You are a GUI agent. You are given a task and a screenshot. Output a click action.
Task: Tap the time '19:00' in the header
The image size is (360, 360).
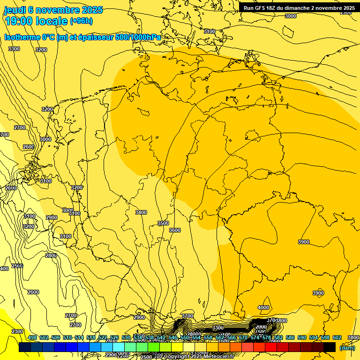click(19, 21)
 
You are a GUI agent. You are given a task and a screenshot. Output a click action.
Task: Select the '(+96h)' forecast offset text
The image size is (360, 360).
click(81, 21)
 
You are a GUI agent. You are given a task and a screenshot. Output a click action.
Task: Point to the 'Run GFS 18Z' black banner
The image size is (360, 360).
click(299, 7)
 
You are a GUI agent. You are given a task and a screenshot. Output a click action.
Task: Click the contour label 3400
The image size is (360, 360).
click(141, 212)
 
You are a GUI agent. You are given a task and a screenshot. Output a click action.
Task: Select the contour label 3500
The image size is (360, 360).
click(163, 223)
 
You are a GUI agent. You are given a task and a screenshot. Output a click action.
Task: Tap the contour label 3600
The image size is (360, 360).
click(174, 230)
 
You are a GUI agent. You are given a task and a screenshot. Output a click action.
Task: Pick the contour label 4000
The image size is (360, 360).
click(263, 307)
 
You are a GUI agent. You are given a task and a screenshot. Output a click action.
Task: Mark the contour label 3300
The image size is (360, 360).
click(14, 49)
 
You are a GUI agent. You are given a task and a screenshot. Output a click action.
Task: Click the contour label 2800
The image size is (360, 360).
click(51, 255)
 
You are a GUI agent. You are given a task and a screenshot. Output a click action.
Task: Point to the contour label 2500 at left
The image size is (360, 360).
click(17, 266)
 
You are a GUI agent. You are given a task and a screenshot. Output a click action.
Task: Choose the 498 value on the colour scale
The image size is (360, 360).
click(32, 338)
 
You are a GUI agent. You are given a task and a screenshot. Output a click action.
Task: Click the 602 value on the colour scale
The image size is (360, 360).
click(337, 338)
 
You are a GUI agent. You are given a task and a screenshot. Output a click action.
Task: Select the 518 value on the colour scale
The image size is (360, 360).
click(91, 338)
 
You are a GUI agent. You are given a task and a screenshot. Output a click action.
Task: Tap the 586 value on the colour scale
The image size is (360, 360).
click(290, 338)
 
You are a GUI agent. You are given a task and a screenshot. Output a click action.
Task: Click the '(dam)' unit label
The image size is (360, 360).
click(347, 348)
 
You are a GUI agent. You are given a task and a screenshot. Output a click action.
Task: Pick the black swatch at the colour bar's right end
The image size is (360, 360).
click(330, 347)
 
